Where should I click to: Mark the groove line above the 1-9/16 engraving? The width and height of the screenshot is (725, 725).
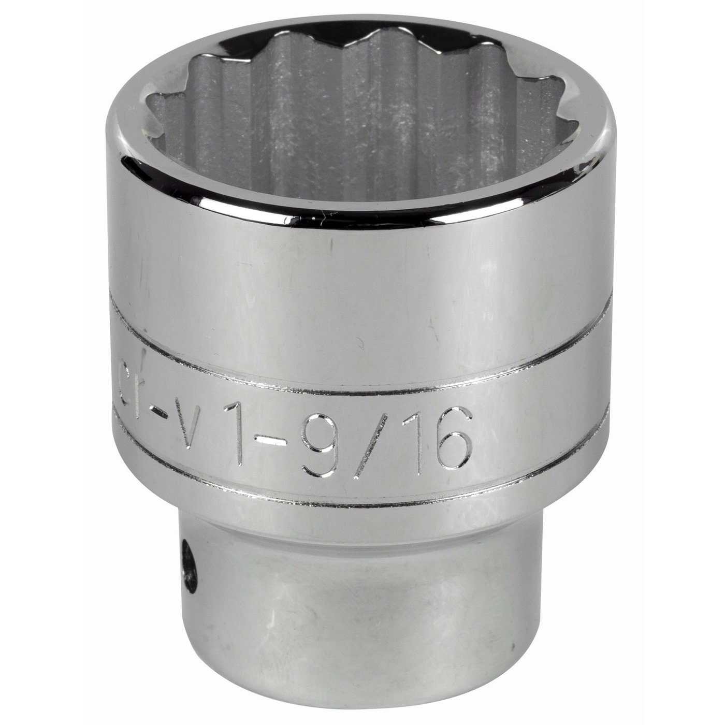pos(363,357)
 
